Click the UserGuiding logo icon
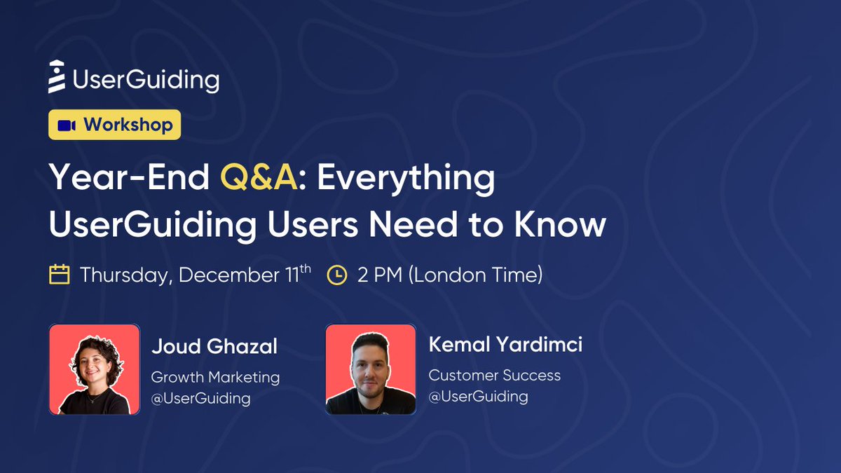tap(57, 76)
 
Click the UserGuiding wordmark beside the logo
tap(146, 79)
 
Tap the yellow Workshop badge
tap(115, 125)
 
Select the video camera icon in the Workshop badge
tap(67, 125)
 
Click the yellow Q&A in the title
tap(259, 178)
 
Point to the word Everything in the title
tap(406, 178)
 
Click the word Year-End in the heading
tap(129, 178)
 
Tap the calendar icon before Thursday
tap(59, 274)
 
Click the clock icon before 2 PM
tap(337, 275)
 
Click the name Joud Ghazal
tap(214, 346)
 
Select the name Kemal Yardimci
tap(505, 345)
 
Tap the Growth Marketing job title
tap(215, 377)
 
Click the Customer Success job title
tap(494, 375)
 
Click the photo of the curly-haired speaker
tap(95, 369)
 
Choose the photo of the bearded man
tap(371, 369)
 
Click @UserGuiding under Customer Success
tap(478, 397)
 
